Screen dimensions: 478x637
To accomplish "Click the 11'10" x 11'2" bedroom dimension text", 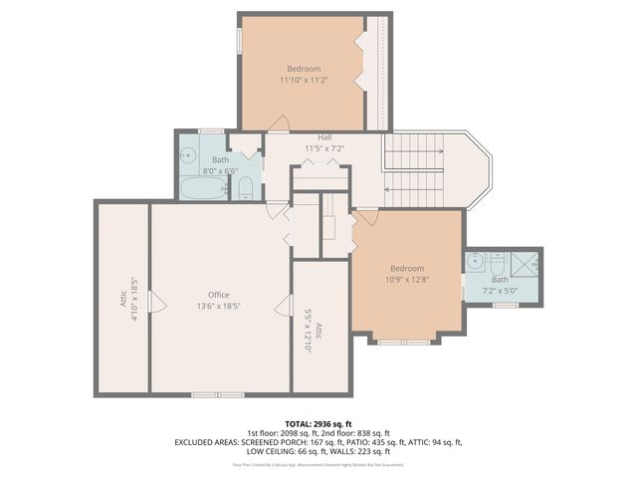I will pos(304,79).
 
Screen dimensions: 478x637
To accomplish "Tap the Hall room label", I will pos(324,137).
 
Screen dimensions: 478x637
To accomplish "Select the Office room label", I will pos(219,295).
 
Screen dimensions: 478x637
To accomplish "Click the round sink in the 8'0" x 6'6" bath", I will pos(188,155).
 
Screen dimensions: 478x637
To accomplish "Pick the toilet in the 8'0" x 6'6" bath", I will pos(245,188).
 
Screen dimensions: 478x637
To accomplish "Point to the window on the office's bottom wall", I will pos(218,394).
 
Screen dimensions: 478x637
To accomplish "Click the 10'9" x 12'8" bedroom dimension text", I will pos(406,279).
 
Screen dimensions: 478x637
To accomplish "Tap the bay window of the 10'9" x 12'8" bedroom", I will pos(404,342).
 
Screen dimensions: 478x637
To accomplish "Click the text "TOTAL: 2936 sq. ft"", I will pos(318,423).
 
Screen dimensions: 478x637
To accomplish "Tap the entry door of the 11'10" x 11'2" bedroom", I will pos(281,123).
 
